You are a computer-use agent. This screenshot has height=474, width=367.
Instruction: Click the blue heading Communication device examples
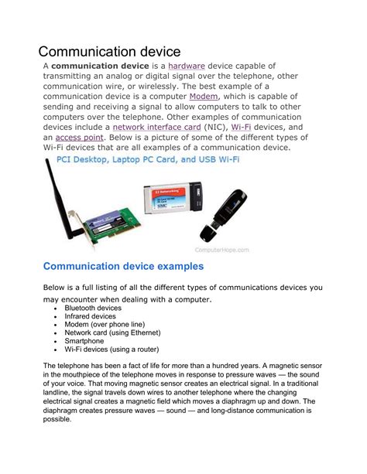123,267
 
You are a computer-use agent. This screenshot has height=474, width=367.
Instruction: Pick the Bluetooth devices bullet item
93,308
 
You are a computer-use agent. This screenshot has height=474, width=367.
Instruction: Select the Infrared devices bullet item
90,316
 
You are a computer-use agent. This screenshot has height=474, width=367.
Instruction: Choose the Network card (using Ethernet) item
113,332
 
